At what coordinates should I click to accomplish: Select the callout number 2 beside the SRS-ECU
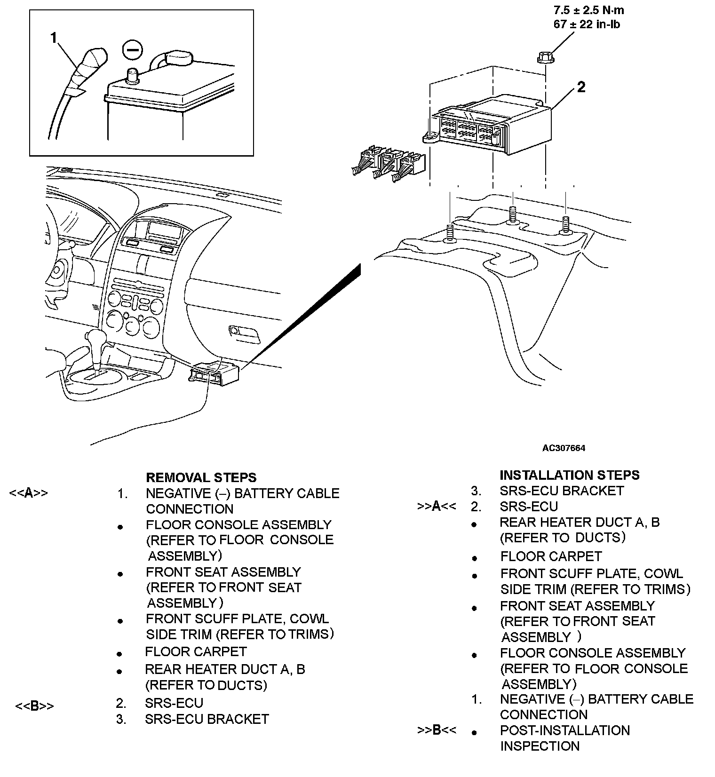581,87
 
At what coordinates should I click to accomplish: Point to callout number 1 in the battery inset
54,38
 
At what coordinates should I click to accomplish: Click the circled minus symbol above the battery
131,50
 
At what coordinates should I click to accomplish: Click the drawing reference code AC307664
564,448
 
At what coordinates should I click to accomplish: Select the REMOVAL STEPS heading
201,477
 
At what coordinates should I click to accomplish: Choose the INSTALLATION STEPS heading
569,475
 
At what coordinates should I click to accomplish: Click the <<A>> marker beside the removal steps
28,493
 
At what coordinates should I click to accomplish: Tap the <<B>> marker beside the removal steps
34,706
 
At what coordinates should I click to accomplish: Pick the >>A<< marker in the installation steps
437,507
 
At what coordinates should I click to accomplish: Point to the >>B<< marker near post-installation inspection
437,730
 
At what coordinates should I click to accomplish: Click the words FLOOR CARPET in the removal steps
196,652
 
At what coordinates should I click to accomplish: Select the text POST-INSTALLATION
565,730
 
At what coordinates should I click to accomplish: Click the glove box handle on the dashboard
244,332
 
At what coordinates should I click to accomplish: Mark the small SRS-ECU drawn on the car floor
214,373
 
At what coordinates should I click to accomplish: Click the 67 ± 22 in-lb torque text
587,24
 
